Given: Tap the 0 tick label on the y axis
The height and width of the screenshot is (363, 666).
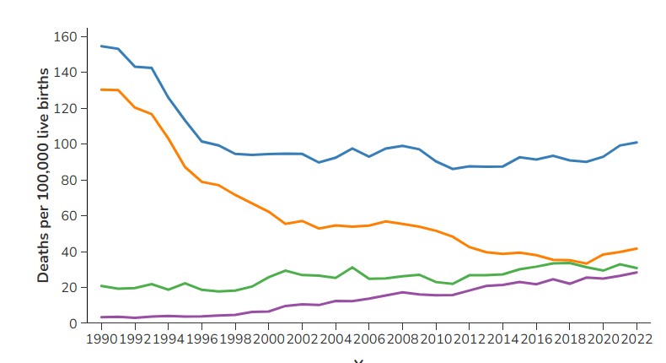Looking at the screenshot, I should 73,323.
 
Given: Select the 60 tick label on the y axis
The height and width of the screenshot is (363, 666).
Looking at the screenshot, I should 69,216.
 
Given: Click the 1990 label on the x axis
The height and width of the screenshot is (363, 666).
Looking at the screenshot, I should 102,339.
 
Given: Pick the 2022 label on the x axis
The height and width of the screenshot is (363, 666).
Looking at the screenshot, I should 636,339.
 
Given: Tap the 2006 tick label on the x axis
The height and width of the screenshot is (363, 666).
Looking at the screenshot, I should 368,339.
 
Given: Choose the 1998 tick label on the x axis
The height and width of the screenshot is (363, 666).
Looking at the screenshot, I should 235,339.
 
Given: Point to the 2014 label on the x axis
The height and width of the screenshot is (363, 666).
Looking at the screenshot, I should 502,339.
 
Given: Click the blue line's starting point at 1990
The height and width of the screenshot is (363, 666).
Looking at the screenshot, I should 102,46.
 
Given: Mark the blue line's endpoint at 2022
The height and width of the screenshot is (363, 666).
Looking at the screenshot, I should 636,142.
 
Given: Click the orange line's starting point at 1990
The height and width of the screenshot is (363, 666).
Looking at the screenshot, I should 102,89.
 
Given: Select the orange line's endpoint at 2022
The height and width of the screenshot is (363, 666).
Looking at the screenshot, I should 636,248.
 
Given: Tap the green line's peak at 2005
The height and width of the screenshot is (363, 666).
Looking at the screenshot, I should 352,267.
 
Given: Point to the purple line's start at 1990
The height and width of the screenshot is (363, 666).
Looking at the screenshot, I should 102,317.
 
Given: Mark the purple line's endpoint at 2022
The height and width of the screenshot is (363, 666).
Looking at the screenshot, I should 636,273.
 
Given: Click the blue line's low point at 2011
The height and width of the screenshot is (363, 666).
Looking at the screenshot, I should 452,169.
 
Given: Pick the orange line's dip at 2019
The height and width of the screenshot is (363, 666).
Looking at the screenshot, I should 586,263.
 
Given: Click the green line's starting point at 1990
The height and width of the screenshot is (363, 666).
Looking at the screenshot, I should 102,286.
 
